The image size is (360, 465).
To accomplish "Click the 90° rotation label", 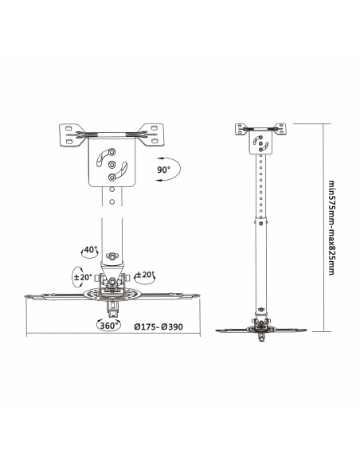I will (x=164, y=170).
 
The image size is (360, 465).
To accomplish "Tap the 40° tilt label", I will (x=90, y=249).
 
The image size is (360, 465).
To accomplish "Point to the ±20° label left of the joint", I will (x=83, y=277).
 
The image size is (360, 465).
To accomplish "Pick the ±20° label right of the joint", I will (x=146, y=275).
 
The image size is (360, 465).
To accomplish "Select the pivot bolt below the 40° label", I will (x=112, y=255).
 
